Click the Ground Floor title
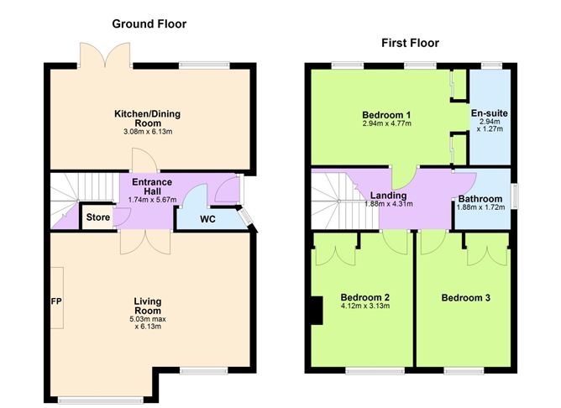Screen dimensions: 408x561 pyautogui.click(x=149, y=24)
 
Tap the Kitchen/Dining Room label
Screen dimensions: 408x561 pyautogui.click(x=148, y=117)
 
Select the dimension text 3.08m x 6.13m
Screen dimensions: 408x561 pyautogui.click(x=148, y=132)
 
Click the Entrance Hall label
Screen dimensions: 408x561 pyautogui.click(x=152, y=186)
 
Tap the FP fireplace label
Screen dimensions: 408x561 pyautogui.click(x=57, y=301)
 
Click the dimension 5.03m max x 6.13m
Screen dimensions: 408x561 pyautogui.click(x=147, y=322)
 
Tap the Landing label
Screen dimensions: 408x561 pyautogui.click(x=388, y=195)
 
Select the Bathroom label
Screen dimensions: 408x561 pyautogui.click(x=481, y=199)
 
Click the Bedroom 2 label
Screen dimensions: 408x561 pyautogui.click(x=364, y=297)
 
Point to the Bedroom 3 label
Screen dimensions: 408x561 pyautogui.click(x=467, y=297)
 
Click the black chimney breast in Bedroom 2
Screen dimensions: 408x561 pyautogui.click(x=316, y=311)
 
